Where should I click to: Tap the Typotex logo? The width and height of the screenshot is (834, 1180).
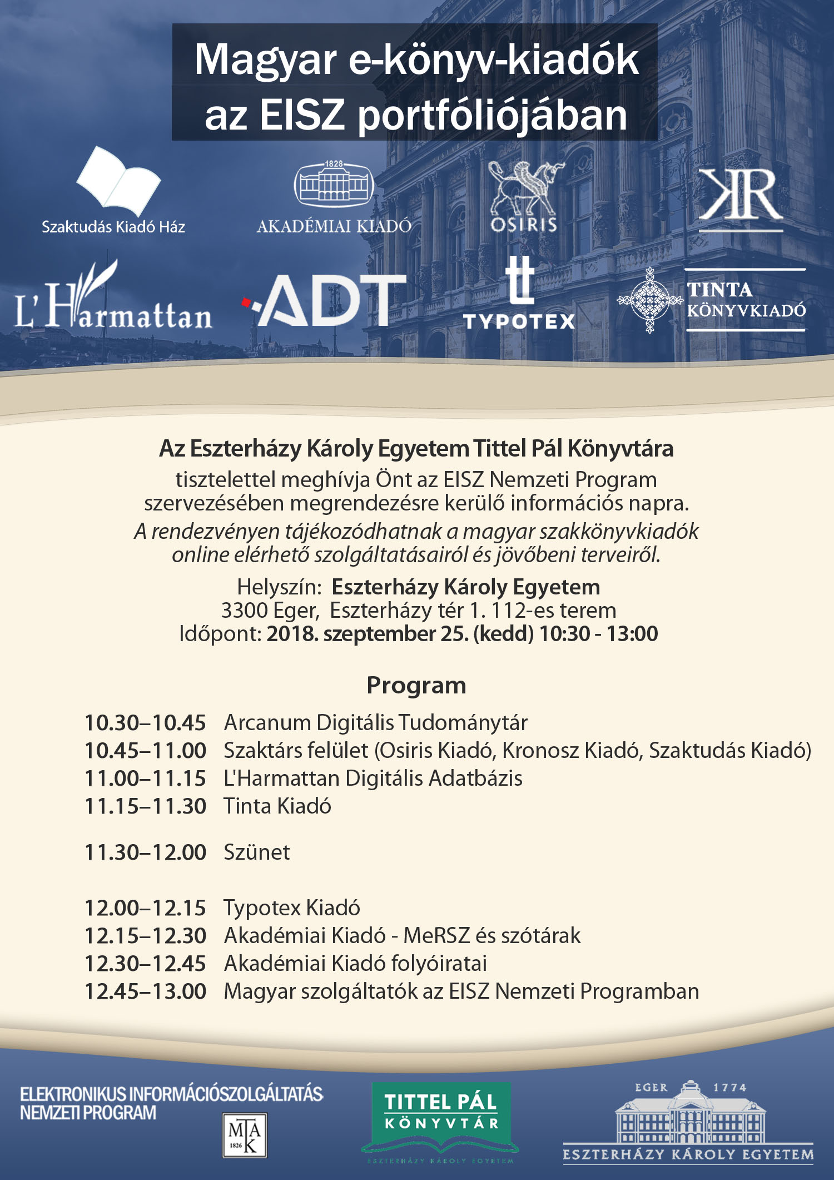[519, 295]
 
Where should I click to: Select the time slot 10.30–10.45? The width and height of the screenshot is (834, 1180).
[145, 723]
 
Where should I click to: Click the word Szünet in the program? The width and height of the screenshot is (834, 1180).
[256, 852]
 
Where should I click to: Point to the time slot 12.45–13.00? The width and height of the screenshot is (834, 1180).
[145, 991]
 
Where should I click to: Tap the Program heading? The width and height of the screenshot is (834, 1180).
[416, 686]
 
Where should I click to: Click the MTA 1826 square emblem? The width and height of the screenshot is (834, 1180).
[245, 1135]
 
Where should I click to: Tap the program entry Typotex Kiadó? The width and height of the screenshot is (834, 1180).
[292, 908]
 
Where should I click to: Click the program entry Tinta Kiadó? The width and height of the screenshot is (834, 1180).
[277, 806]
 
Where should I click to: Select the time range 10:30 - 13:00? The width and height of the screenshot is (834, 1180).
[598, 634]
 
